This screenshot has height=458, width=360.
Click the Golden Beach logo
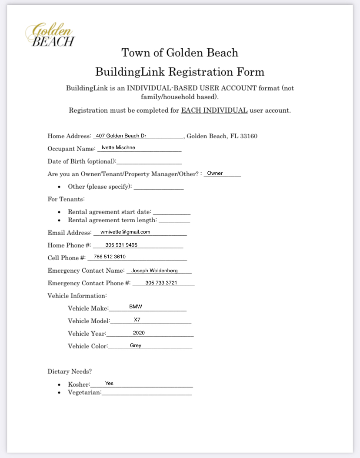[x=50, y=35]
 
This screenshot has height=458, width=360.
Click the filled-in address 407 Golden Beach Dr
[x=121, y=136]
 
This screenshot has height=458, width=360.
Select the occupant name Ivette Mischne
[x=118, y=147]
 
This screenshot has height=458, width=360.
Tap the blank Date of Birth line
[x=149, y=162]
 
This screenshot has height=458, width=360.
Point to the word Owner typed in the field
[x=215, y=173]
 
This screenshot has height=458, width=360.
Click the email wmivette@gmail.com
[x=125, y=232]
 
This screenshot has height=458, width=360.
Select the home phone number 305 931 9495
[x=121, y=245]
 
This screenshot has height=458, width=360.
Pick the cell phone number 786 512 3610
[x=110, y=257]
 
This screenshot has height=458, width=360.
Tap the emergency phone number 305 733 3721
[x=161, y=283]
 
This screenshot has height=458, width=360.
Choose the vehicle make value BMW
[x=136, y=307]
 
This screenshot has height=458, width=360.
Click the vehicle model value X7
[x=137, y=320]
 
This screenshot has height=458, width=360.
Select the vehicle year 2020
[x=139, y=333]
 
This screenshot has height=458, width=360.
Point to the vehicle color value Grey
[x=136, y=345]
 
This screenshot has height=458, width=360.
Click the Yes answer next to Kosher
[x=109, y=383]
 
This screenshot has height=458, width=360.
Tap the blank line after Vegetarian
[x=147, y=393]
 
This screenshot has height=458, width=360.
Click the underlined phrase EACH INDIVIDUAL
[x=214, y=110]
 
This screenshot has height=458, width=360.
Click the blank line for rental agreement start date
[x=172, y=213]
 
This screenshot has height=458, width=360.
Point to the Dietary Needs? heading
[x=70, y=371]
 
